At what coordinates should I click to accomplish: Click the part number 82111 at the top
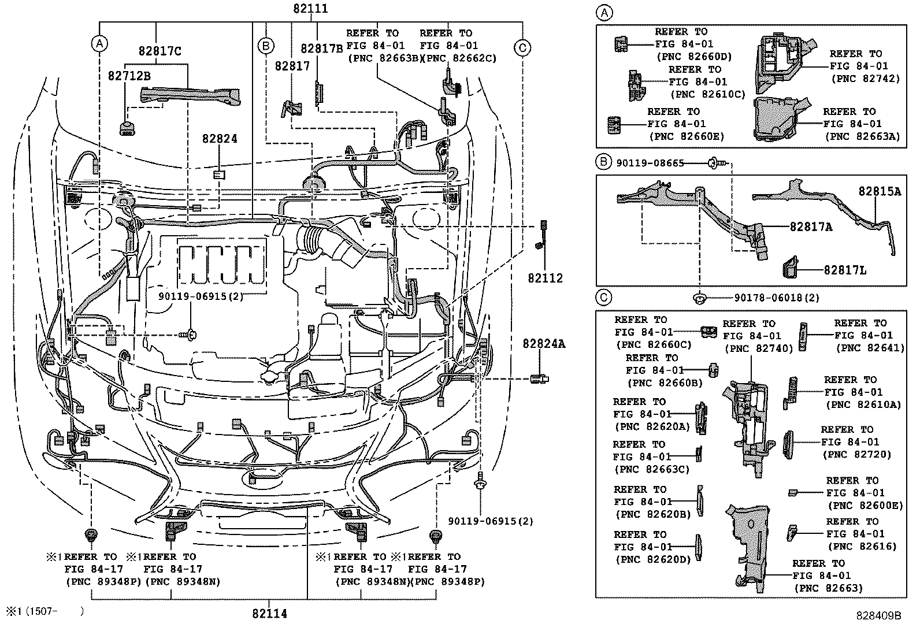310,8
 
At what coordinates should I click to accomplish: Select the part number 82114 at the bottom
269,614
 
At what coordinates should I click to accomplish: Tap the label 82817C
159,51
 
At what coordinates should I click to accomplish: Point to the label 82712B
129,76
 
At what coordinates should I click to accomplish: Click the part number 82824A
544,343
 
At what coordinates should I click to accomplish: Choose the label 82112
545,278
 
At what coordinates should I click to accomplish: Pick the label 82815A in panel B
880,191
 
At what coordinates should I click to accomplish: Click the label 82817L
845,270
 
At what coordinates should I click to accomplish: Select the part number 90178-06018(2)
777,298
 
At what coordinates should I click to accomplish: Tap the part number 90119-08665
650,164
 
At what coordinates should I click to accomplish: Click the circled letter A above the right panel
604,13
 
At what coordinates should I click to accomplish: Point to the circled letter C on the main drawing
522,48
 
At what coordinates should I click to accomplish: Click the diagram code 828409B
878,616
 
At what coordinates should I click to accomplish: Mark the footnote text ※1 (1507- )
45,611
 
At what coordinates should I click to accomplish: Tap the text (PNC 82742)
866,79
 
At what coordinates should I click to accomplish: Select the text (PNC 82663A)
862,136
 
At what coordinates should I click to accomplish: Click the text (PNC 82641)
870,348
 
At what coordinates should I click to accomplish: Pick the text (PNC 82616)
862,546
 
